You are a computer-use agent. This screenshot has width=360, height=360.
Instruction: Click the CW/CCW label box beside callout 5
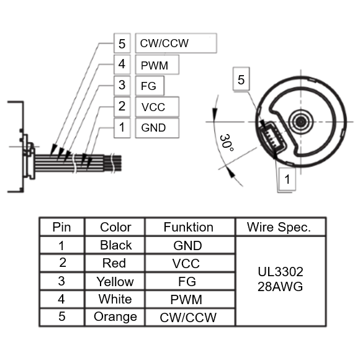[176, 43]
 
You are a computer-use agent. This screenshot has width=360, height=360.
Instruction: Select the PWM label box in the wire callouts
[157, 65]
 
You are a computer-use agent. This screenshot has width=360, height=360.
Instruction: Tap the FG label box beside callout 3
[150, 86]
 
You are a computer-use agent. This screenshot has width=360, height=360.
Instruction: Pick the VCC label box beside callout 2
[157, 107]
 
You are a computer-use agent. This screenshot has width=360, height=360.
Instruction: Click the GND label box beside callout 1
[157, 128]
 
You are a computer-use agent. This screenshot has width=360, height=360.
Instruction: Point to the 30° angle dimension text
[227, 143]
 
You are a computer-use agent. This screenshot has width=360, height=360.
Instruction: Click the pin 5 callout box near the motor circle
[241, 79]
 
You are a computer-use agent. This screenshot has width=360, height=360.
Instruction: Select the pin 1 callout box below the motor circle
[287, 179]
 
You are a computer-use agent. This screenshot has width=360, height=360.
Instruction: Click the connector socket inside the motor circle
[273, 138]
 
